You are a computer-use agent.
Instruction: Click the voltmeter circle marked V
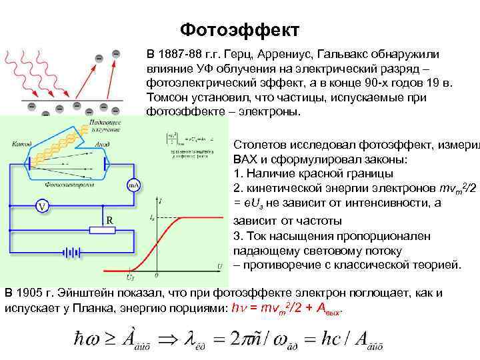pyautogui.click(x=42, y=206)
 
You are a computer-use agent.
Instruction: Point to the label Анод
pyautogui.click(x=103, y=143)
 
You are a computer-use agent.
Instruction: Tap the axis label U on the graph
pyautogui.click(x=219, y=267)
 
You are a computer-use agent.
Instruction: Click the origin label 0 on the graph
pyautogui.click(x=157, y=274)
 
